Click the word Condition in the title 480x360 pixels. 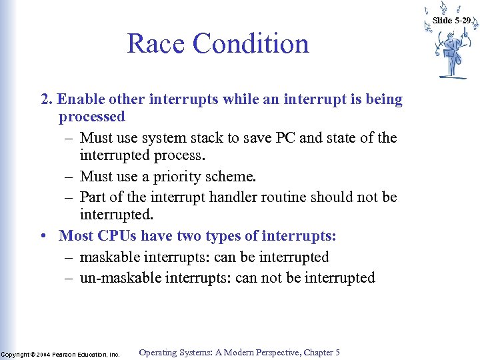click(251, 44)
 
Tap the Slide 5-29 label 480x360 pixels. click(451, 21)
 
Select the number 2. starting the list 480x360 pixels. click(47, 99)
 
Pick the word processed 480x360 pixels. click(91, 117)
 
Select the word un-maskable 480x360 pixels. click(121, 278)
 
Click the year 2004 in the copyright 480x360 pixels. click(44, 355)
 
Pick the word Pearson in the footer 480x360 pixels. click(66, 355)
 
